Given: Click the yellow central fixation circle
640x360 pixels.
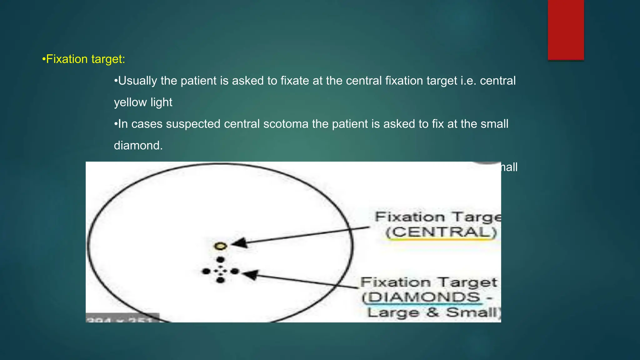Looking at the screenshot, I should (220, 246).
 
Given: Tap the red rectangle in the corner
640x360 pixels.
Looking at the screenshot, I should (566, 30).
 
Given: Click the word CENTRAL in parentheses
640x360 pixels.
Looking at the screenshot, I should (441, 232).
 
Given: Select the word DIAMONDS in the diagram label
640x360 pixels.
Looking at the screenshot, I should (424, 297).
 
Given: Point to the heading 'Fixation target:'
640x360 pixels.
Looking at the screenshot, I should (84, 59).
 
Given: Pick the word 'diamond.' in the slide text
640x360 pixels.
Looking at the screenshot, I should (138, 146).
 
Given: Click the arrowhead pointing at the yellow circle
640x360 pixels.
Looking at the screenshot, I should (239, 243).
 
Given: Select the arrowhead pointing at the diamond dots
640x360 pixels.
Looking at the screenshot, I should (250, 275).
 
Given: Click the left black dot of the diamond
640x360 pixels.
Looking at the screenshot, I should (206, 271).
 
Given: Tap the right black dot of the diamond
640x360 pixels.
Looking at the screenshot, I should (235, 271).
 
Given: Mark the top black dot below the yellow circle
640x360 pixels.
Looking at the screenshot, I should (220, 260).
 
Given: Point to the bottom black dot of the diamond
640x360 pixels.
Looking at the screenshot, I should (220, 280).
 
